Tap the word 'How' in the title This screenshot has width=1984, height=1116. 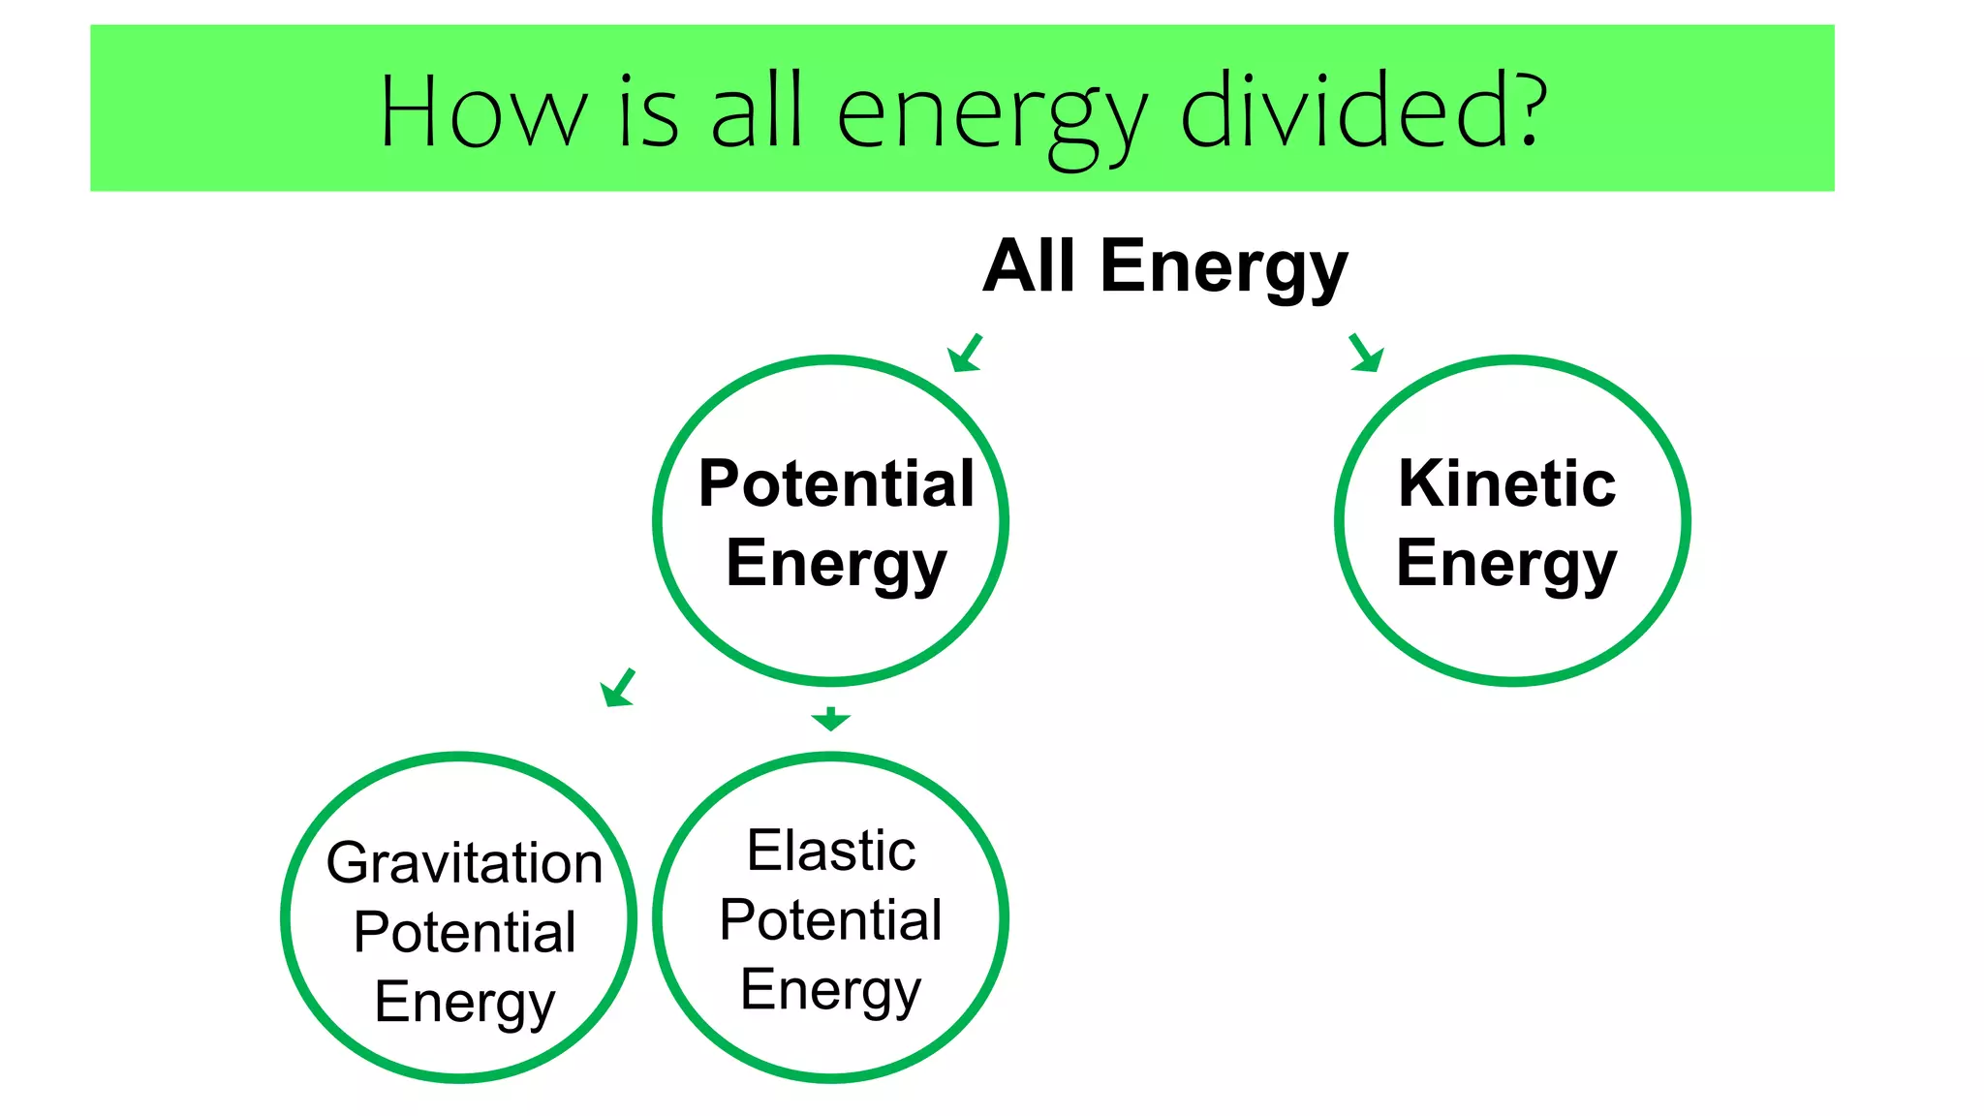tap(482, 112)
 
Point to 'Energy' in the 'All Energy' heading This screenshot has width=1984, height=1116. tap(1224, 268)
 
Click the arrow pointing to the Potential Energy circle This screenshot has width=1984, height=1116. tap(965, 354)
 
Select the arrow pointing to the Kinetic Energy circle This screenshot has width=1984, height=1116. tap(1366, 353)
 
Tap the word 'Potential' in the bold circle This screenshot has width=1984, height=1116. tap(836, 483)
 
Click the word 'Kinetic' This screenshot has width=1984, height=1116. tap(1506, 483)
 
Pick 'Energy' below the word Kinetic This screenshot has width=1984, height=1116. tap(1506, 564)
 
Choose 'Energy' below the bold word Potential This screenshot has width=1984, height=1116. tap(836, 564)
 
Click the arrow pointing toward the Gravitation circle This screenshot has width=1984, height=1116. tap(617, 688)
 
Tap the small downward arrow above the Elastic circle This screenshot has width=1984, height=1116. tap(830, 719)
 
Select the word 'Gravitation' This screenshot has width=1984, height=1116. tap(464, 862)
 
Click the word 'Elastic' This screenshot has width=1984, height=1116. tap(830, 851)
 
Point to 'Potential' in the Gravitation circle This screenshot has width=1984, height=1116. tap(464, 932)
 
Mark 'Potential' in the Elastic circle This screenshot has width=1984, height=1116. tap(830, 919)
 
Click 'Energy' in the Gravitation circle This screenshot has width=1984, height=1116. tap(464, 1003)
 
